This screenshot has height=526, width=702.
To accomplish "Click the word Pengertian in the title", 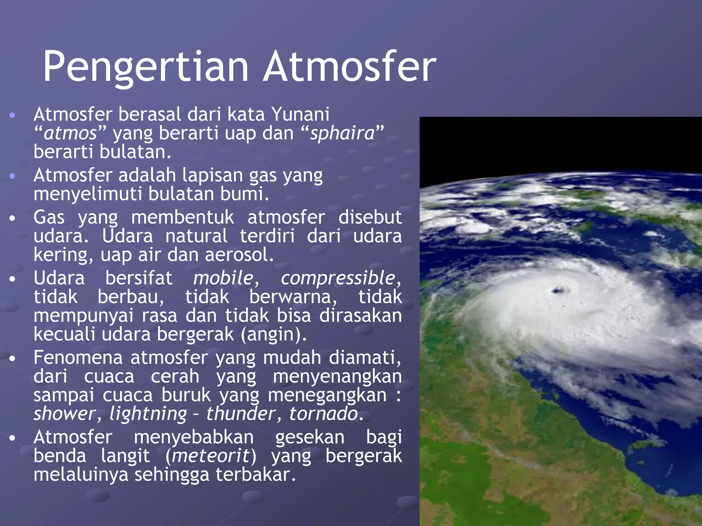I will (x=145, y=67).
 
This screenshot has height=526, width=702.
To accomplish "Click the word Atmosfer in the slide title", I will (x=350, y=67).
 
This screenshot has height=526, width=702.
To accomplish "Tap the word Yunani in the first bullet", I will (x=300, y=114).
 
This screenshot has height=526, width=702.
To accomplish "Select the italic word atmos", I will (x=71, y=134).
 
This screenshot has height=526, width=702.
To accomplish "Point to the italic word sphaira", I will (x=342, y=134).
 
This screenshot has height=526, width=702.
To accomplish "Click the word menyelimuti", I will (x=88, y=194).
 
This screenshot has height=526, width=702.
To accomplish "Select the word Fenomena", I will (x=78, y=358).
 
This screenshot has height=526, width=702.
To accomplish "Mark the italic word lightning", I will (x=148, y=414).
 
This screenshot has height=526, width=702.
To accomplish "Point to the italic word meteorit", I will (x=210, y=456).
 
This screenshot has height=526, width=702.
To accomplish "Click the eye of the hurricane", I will (x=560, y=291).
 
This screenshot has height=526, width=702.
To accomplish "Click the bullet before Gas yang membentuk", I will (x=12, y=218).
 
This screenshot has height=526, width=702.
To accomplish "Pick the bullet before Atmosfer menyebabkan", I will (x=12, y=438).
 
